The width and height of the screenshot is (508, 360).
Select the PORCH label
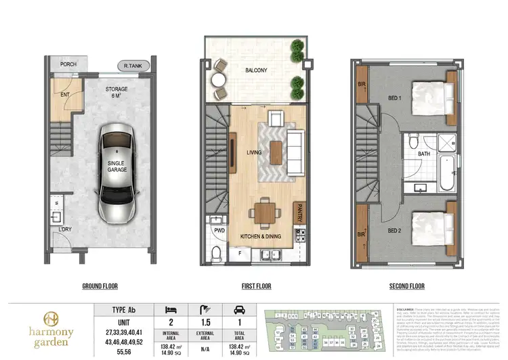click(x=68, y=65)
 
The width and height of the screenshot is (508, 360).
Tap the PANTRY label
click(x=298, y=217)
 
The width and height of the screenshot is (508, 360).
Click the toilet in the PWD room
click(x=217, y=253)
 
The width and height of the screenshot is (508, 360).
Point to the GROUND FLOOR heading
click(x=101, y=286)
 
